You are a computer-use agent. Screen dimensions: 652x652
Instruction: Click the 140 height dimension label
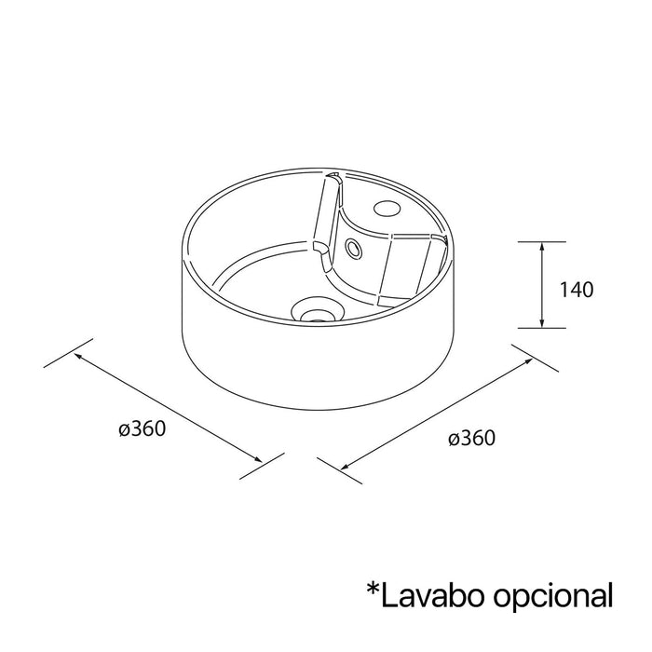point(577,290)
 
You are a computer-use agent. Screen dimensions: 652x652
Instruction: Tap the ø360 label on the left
point(143,428)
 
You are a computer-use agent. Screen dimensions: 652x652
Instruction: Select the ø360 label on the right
point(472,438)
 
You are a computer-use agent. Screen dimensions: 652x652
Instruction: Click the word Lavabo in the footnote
point(432,595)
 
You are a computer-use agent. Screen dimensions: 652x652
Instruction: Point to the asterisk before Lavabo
point(373,590)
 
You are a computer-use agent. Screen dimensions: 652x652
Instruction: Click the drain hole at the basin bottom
point(318,310)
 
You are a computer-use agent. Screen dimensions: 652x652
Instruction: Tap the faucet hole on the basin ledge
point(387,207)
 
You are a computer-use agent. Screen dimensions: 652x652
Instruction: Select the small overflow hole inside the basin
point(353,249)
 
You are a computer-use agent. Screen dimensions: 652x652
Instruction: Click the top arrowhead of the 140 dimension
point(541,248)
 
